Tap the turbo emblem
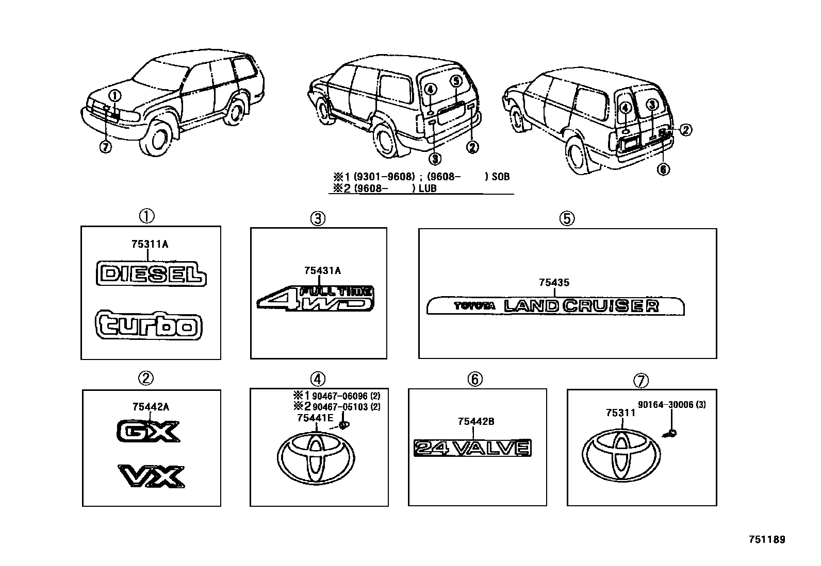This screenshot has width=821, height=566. [149, 325]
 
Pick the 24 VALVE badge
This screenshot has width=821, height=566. [472, 448]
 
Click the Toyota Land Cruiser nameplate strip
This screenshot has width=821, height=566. [555, 306]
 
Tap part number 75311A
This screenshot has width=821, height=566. [150, 244]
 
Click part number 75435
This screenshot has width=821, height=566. [554, 282]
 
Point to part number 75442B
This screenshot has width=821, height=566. [475, 421]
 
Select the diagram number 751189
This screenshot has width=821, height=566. [766, 540]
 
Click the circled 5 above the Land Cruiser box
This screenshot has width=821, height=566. [566, 218]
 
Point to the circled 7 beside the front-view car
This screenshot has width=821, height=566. [105, 147]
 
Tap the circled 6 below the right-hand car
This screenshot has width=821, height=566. [664, 169]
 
